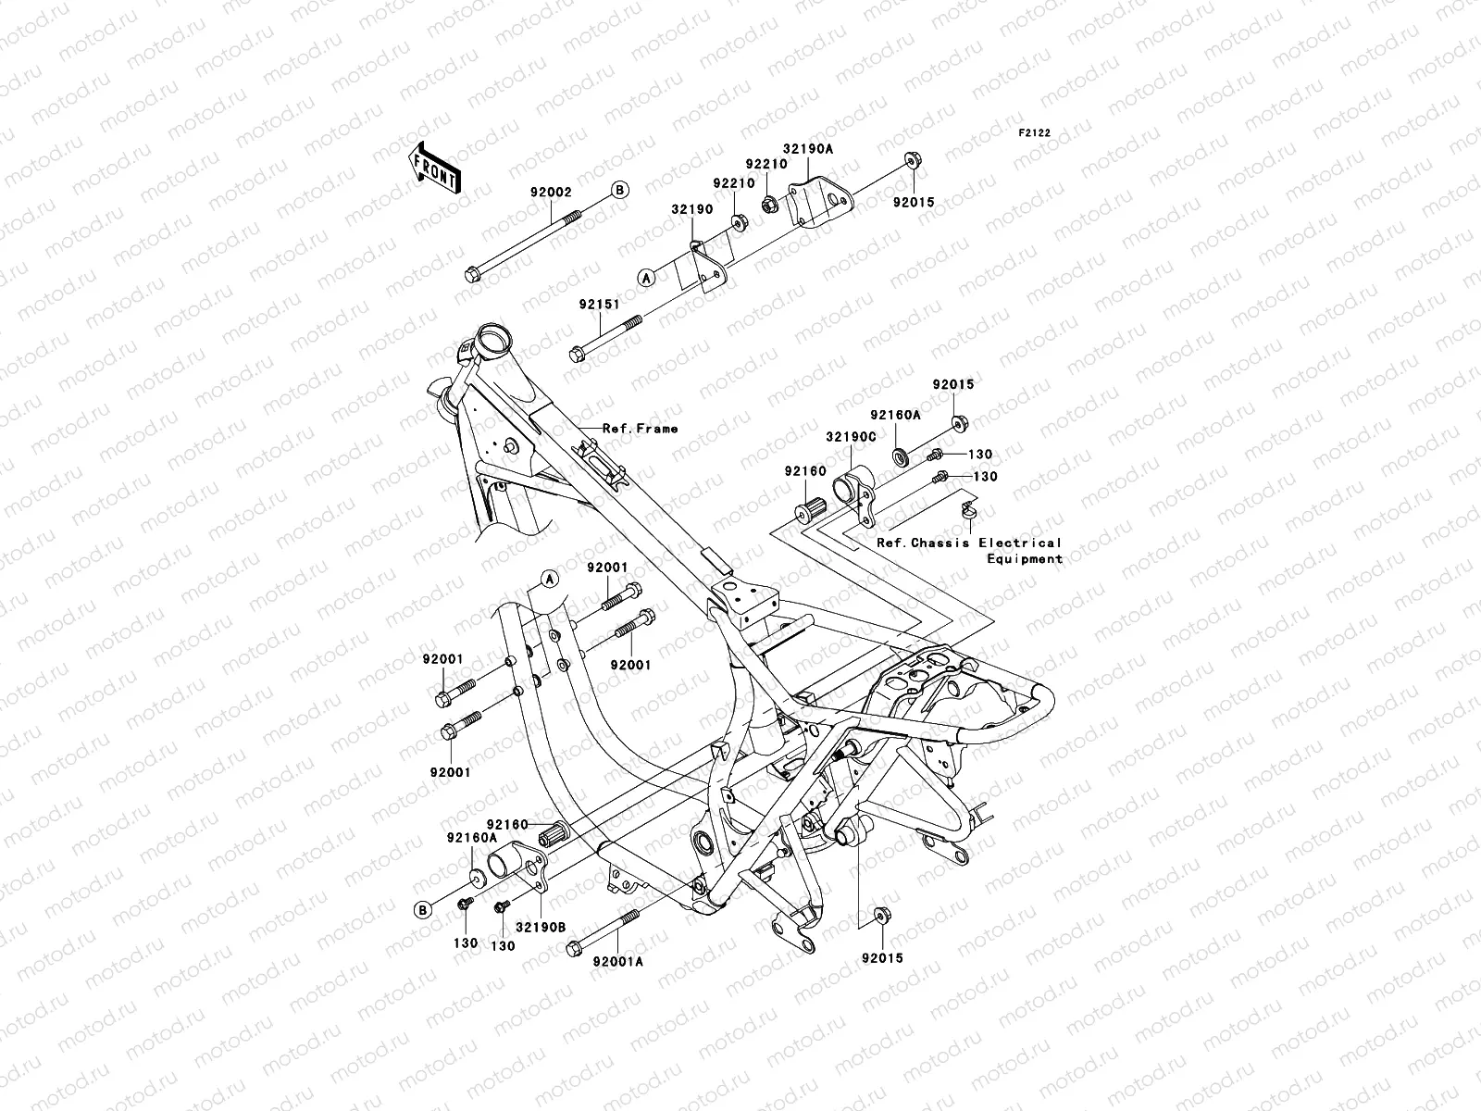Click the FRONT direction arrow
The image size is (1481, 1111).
tap(449, 167)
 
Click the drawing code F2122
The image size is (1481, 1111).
tap(1035, 133)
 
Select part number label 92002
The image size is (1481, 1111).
tap(551, 193)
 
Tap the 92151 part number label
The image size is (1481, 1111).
tap(599, 303)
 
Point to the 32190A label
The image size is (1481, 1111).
tap(808, 147)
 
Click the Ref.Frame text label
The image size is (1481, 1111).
tap(640, 429)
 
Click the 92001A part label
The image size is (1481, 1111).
tap(618, 960)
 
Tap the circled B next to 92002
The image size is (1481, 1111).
tap(619, 190)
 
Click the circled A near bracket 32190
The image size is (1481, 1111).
tap(645, 276)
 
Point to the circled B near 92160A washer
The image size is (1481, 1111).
tap(422, 909)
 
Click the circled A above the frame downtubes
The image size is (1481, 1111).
tap(549, 579)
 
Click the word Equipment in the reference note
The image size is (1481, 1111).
tap(1025, 559)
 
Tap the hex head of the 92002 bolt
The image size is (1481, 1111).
tap(471, 274)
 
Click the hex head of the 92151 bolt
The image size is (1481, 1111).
tap(579, 353)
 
